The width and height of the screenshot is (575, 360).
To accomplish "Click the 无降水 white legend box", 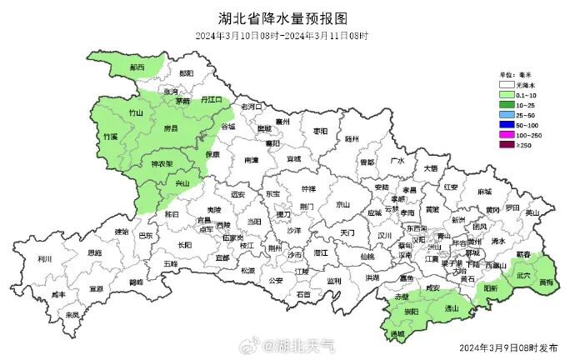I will coord(506,85).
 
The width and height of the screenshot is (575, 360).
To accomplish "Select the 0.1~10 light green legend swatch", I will coord(506,95).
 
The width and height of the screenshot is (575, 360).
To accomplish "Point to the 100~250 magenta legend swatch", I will coord(506,134).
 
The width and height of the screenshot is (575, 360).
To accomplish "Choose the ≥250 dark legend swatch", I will coord(506,144).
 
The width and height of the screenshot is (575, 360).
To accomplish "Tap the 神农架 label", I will coord(162,164).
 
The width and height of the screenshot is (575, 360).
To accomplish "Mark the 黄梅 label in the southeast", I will coord(545,282).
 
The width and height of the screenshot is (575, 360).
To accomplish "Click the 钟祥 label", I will coord(308,188).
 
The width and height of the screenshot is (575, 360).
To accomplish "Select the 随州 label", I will coord(352,140).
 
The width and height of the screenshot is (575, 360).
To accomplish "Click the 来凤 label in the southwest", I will coord(72,315).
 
